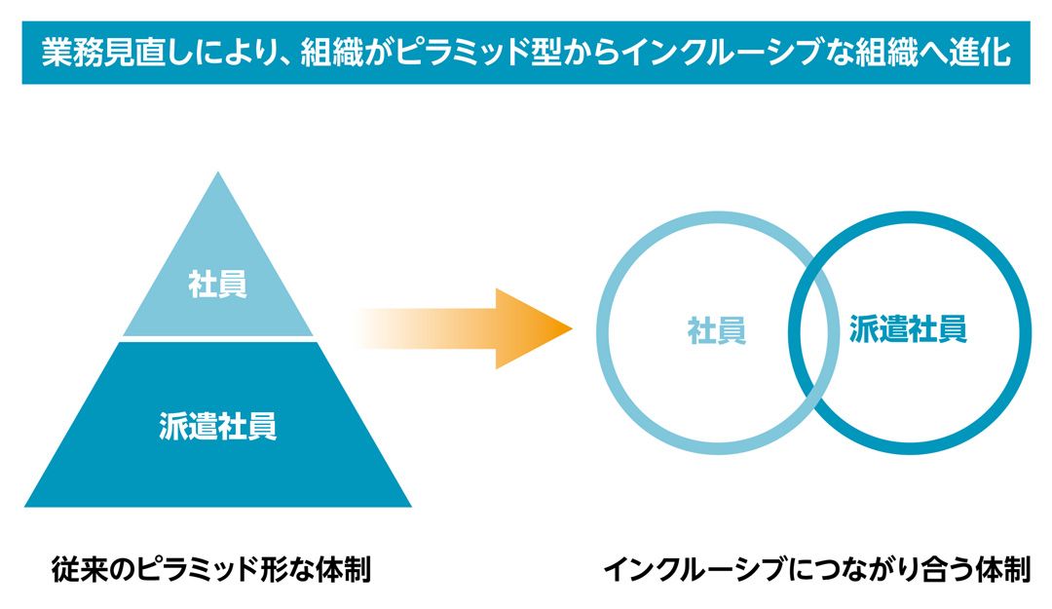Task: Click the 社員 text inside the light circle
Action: (717, 330)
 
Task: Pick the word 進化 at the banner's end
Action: (978, 52)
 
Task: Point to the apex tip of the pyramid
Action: (219, 176)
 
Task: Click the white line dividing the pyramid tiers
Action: (218, 339)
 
